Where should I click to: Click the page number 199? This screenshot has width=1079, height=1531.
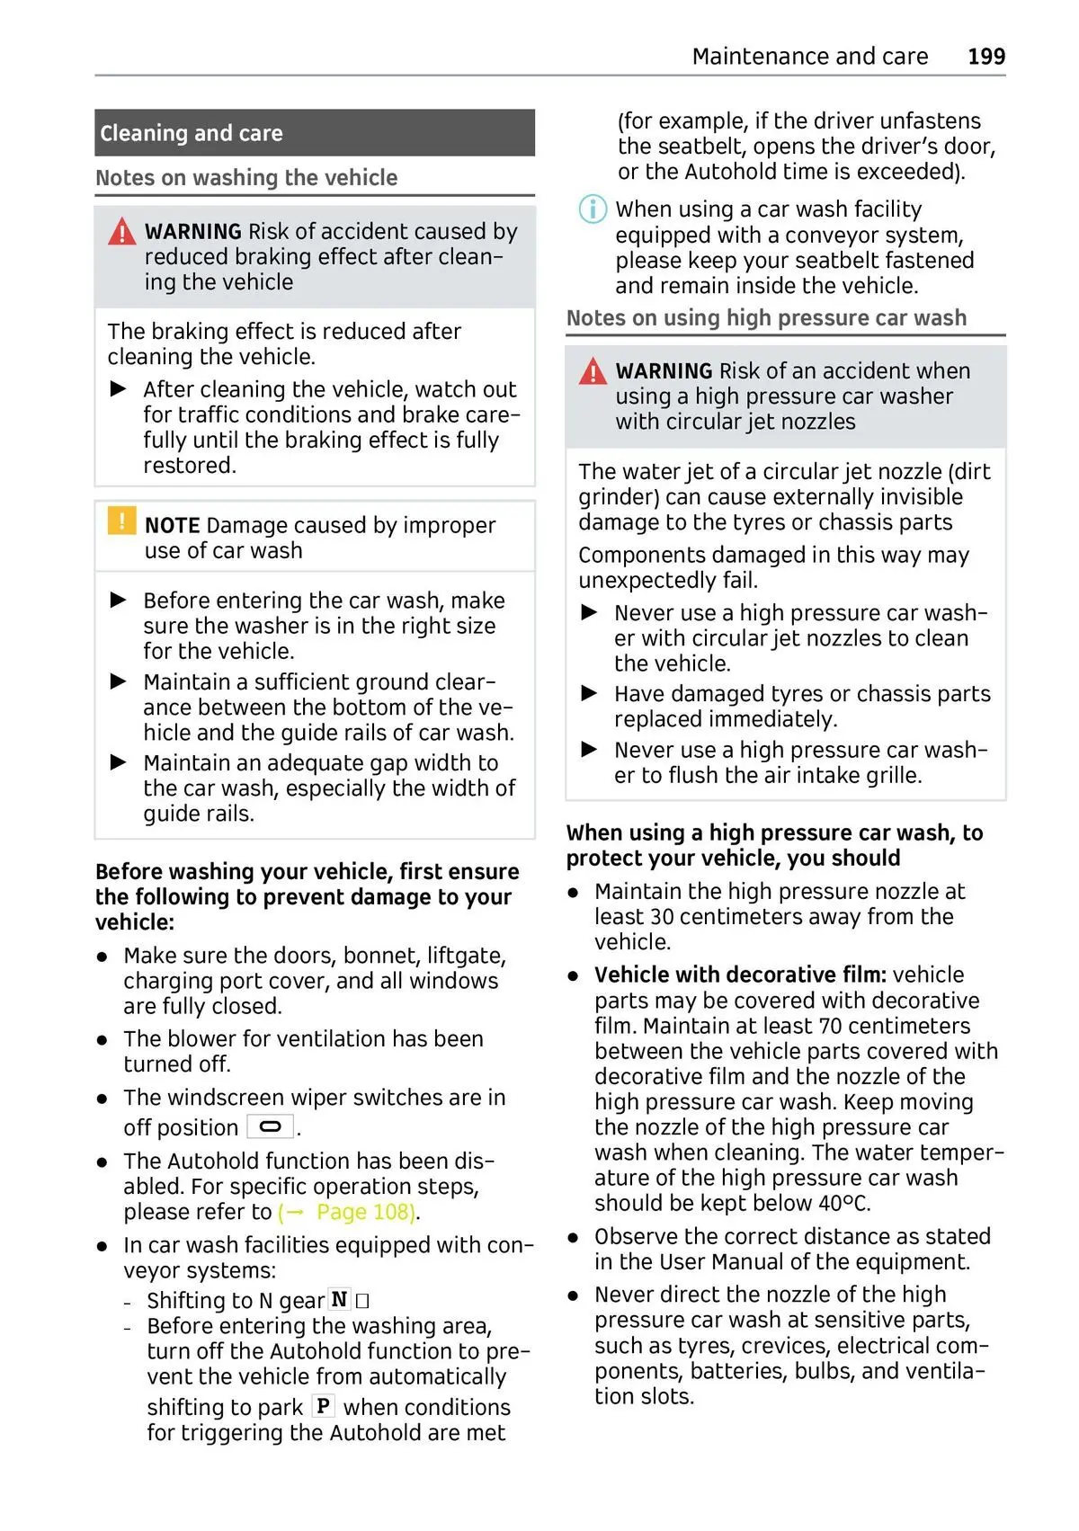click(x=986, y=57)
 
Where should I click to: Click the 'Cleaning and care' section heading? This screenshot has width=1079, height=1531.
click(x=192, y=134)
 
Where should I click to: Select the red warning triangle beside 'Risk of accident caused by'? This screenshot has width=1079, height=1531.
click(x=121, y=232)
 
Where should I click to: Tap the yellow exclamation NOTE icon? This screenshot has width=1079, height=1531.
click(x=121, y=521)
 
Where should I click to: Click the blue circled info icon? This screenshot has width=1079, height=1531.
click(x=592, y=209)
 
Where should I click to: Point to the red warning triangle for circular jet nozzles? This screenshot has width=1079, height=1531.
click(x=593, y=370)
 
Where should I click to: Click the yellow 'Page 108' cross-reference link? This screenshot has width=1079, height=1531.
click(x=347, y=1212)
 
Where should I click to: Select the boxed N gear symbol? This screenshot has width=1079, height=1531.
click(x=339, y=1299)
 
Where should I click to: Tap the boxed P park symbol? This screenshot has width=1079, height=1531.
click(x=323, y=1405)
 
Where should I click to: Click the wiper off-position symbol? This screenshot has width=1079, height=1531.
click(x=270, y=1126)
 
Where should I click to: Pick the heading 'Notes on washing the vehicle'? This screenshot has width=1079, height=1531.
click(x=246, y=178)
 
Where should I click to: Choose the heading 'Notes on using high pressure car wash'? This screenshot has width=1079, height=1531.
click(x=766, y=318)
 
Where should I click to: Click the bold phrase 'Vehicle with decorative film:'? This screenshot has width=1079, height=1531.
click(x=740, y=975)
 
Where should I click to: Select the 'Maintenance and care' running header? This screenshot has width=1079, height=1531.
click(x=809, y=57)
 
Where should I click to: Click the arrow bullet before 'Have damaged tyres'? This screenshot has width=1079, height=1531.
click(x=590, y=693)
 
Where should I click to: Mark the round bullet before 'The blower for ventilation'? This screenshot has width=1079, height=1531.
click(x=103, y=1040)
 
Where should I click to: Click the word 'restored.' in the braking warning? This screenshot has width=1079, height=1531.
click(x=190, y=466)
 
